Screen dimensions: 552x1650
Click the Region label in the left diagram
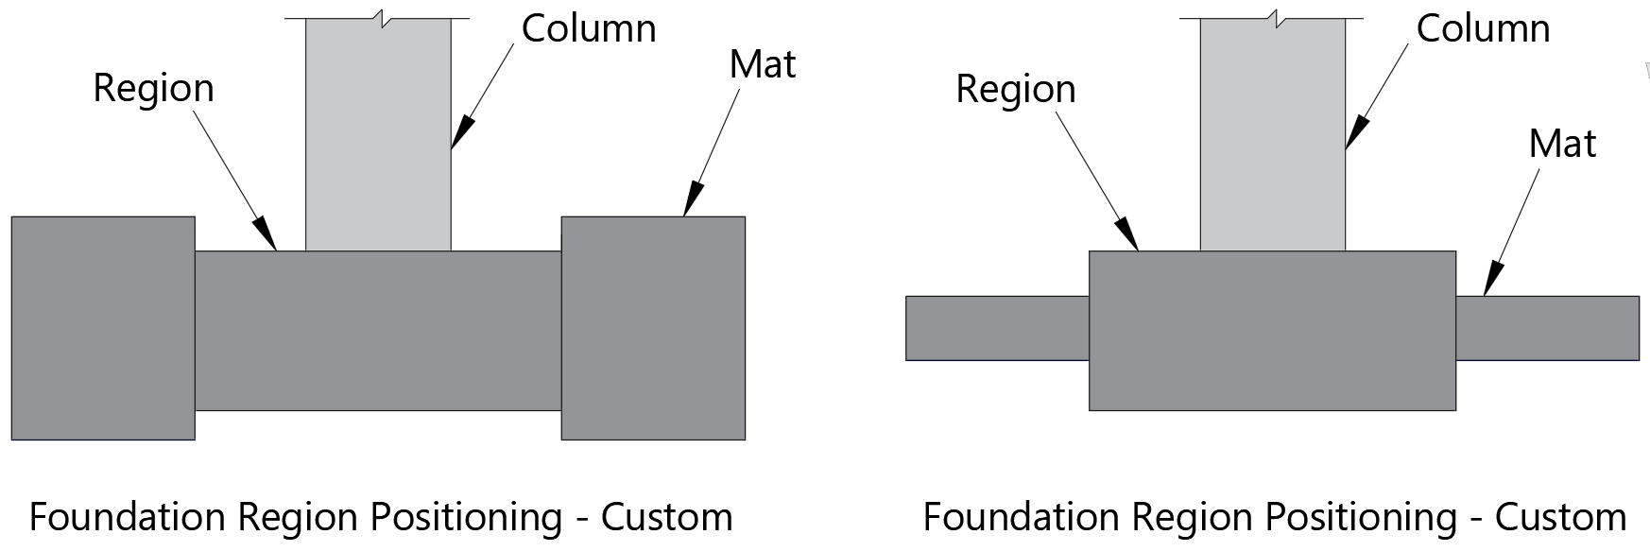coord(153,89)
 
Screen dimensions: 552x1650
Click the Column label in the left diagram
coord(588,29)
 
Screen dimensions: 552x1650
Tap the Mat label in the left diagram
coord(762,64)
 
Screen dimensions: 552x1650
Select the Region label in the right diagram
coord(1015,90)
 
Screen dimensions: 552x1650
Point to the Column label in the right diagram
coord(1482,29)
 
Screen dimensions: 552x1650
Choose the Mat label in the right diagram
coord(1562,145)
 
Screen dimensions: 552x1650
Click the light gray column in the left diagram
coord(378,132)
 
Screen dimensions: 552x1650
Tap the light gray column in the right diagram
coord(1272,132)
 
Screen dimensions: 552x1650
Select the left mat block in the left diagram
coord(103,328)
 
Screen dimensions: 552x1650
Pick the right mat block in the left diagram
coord(653,328)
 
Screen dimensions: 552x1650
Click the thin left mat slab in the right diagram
coord(997,328)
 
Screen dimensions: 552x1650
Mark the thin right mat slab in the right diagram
coord(1547,328)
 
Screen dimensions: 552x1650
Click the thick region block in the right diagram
coord(1272,331)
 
